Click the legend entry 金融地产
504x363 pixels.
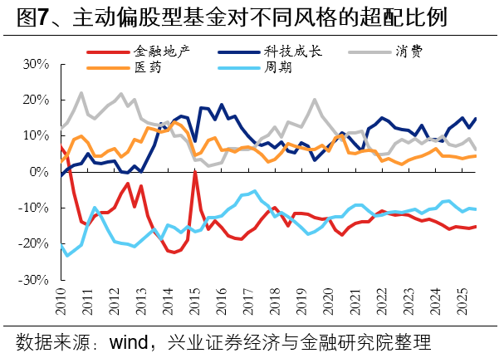click(162, 52)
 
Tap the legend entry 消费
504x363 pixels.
click(408, 52)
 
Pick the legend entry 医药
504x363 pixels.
click(149, 68)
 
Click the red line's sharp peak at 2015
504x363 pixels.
click(194, 173)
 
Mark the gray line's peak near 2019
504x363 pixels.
click(315, 101)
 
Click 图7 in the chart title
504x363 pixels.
click(32, 17)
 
